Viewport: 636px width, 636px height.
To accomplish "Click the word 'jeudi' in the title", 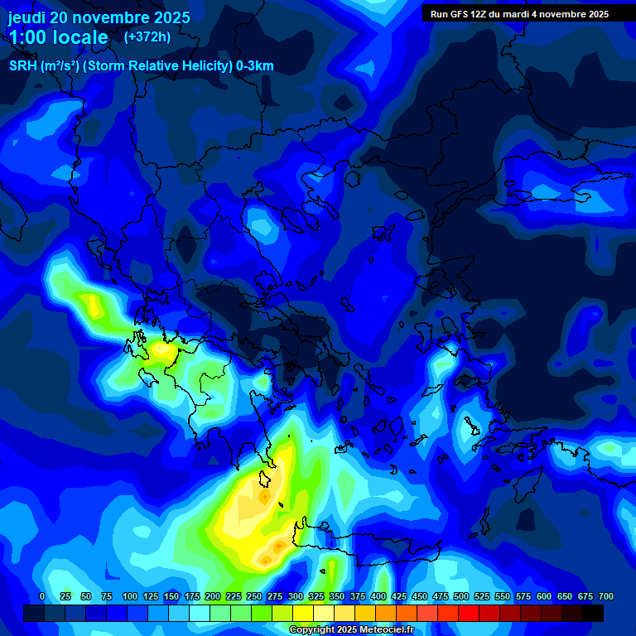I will tap(26, 17).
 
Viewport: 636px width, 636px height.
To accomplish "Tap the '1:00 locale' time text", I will tap(58, 37).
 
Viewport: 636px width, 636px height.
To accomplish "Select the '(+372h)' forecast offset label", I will tap(147, 36).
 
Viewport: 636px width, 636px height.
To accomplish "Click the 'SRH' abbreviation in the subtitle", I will tap(23, 66).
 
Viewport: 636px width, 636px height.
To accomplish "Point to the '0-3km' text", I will tap(255, 66).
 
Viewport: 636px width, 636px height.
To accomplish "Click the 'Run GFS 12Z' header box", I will tap(519, 13).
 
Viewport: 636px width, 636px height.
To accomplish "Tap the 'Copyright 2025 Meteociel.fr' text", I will tap(351, 629).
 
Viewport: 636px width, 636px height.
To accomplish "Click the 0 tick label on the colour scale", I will tap(42, 596).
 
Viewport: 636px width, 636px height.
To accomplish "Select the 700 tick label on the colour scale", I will tap(605, 596).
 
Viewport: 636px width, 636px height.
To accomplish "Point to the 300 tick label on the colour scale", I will tap(296, 596).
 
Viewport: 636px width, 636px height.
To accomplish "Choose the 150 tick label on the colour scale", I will tap(171, 596).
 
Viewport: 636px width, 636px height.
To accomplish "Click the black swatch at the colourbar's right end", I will tap(593, 613).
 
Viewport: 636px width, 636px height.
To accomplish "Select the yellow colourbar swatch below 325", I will tap(303, 613).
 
